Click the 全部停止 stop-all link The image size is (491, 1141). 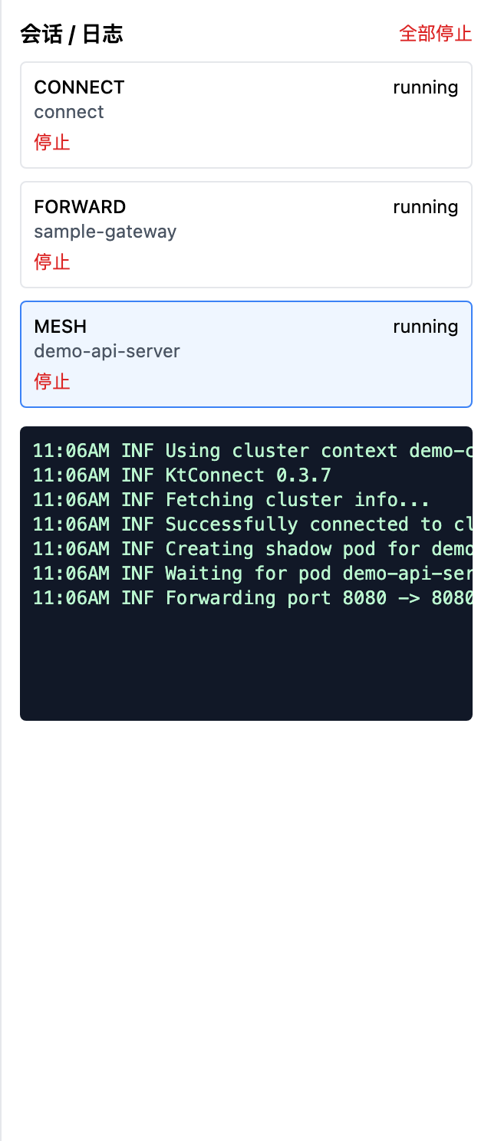[436, 34]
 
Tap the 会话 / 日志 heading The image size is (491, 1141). [71, 35]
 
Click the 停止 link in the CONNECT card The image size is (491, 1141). [52, 142]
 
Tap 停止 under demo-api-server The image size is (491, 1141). [52, 382]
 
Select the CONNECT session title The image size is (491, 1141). [79, 87]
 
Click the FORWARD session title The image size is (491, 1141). [80, 207]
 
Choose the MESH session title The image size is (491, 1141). [60, 327]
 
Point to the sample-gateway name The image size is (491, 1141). [105, 232]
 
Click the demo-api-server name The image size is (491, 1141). [107, 351]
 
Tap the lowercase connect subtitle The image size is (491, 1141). [69, 112]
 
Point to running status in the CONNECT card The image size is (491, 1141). [425, 87]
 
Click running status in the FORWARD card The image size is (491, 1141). [425, 207]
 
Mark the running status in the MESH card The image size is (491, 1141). [425, 327]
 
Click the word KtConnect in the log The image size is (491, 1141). [215, 475]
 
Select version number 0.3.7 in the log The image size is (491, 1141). [303, 475]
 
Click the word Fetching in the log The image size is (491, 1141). [209, 500]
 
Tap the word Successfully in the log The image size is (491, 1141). [232, 524]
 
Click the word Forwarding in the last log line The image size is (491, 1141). [220, 598]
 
